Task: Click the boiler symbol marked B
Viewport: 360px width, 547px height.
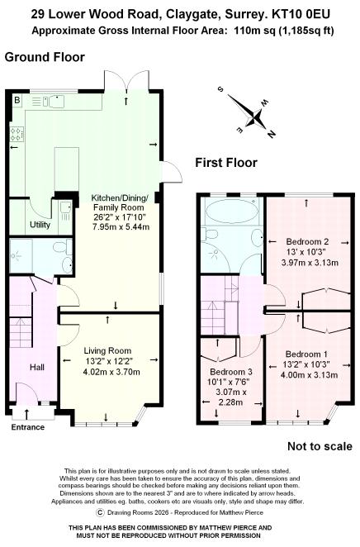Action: point(17,100)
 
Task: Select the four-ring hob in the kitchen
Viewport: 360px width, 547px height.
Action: point(16,133)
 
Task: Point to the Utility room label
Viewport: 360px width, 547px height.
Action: point(40,224)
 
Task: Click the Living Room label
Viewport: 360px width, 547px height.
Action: point(108,350)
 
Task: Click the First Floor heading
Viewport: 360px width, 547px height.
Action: point(225,163)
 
